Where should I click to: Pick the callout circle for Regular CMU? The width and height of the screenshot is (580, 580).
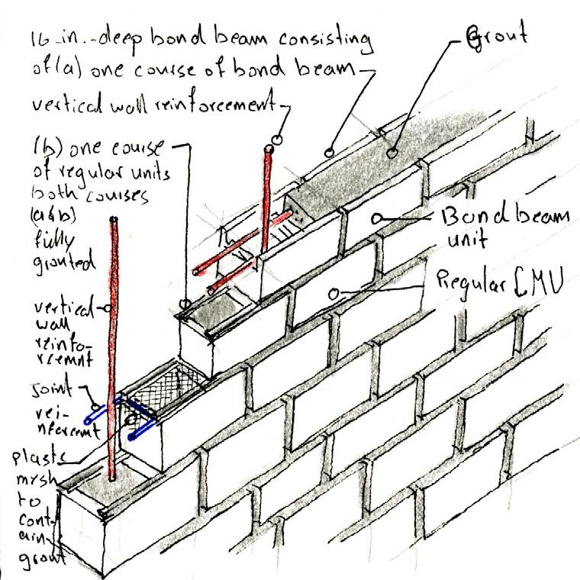coord(333,292)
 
